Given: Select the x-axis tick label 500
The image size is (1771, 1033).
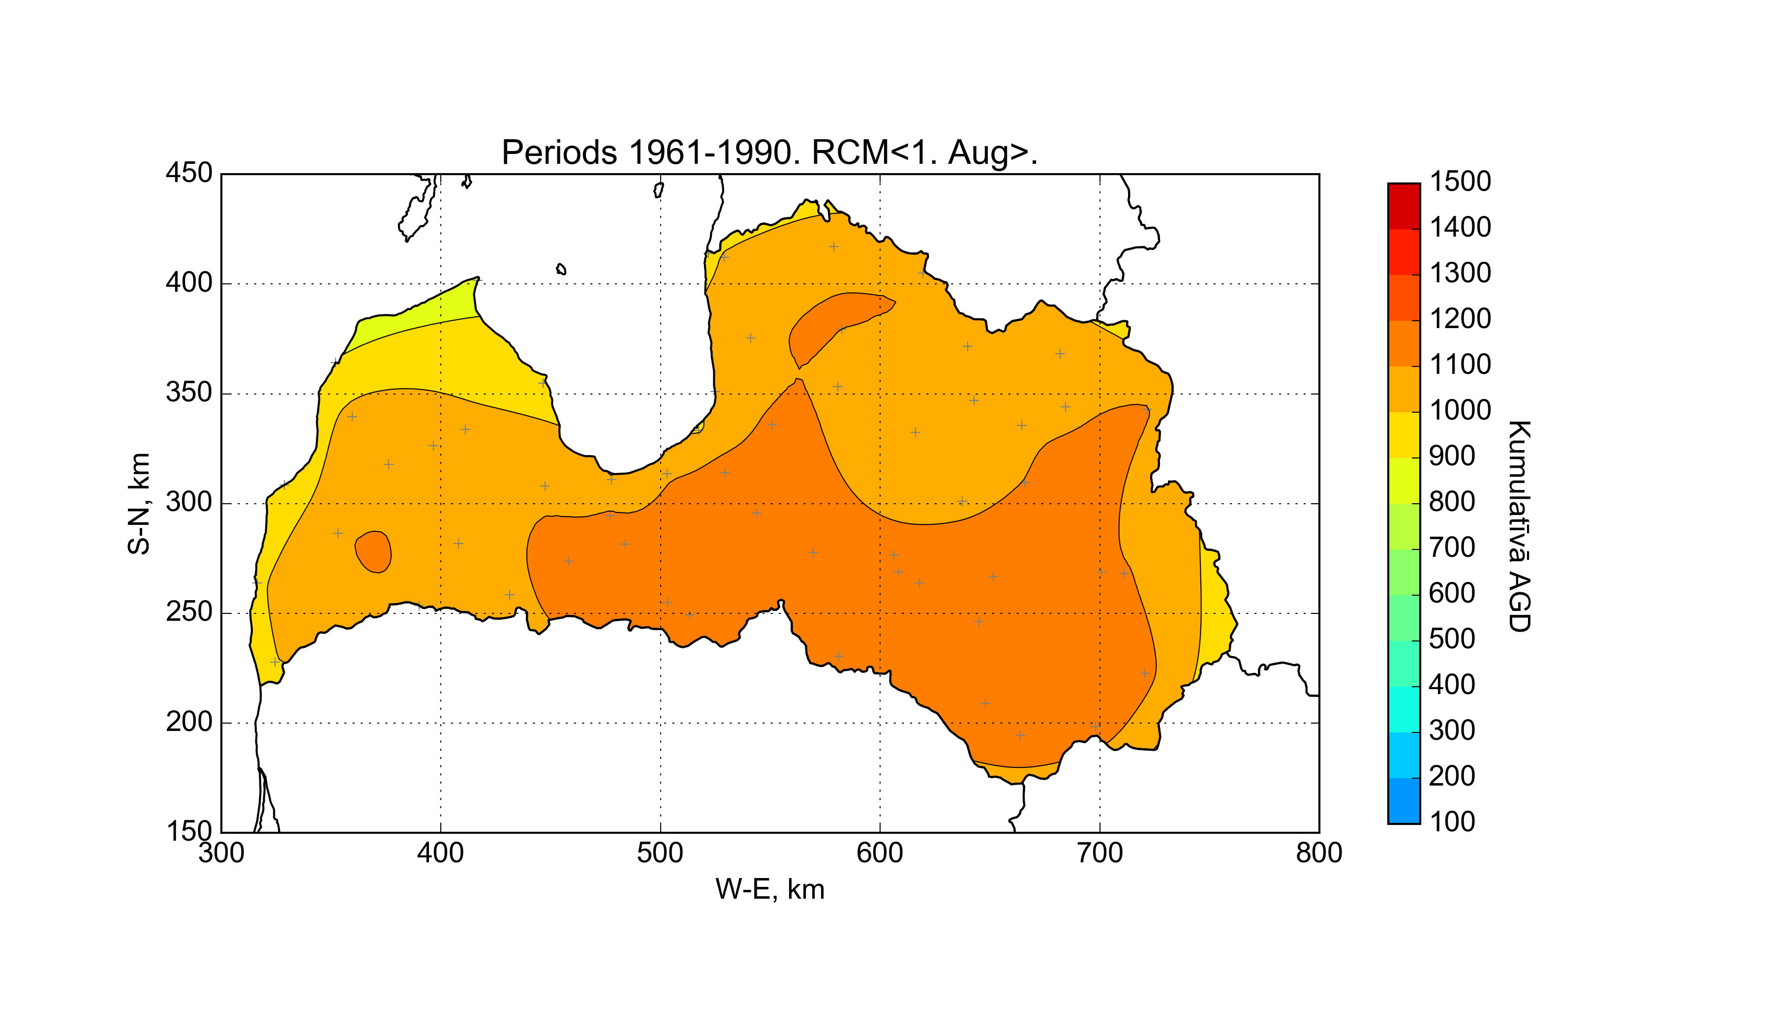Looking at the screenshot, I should click(x=660, y=853).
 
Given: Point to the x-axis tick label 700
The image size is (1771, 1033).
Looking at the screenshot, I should click(x=1100, y=853).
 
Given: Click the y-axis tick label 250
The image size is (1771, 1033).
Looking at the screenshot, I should click(x=189, y=612).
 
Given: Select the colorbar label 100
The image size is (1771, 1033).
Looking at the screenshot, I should click(x=1452, y=821).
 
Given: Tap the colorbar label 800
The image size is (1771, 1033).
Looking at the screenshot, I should click(x=1452, y=502).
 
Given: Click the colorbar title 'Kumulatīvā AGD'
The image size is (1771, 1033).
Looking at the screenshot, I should click(x=1520, y=526).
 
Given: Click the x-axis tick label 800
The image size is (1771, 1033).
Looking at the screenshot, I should click(x=1319, y=853).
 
